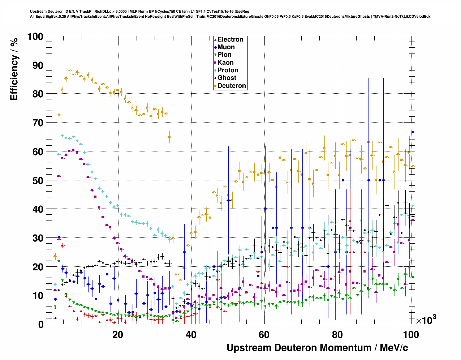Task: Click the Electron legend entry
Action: tap(230, 39)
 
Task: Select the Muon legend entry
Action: tap(226, 47)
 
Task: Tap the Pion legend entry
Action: tap(224, 55)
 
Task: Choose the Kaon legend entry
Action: tap(225, 63)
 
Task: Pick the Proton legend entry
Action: tap(228, 70)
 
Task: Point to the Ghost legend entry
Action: tap(227, 78)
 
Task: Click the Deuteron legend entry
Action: tap(232, 86)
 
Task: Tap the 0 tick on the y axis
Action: tap(40, 324)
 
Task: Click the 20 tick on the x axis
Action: tap(118, 334)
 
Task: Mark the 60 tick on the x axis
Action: tap(264, 334)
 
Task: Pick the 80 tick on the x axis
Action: tap(338, 334)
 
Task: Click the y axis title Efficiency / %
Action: tap(14, 69)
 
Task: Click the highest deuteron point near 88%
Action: tap(70, 70)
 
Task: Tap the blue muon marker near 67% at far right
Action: tap(413, 132)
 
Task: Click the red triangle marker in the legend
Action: tap(215, 39)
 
